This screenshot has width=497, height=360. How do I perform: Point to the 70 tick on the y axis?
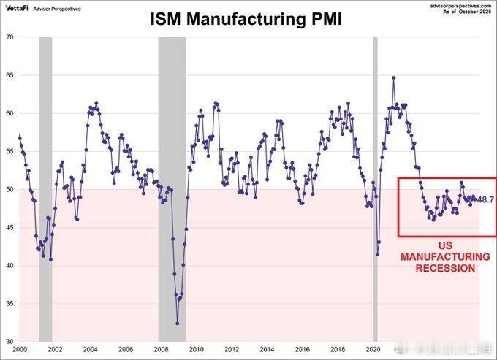point(10,37)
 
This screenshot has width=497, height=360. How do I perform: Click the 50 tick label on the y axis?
point(10,189)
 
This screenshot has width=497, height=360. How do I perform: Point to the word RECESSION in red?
point(446,268)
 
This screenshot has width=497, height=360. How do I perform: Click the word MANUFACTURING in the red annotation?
point(446,257)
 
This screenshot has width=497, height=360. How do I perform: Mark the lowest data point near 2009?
point(177,323)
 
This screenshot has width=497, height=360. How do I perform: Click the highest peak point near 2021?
point(394,77)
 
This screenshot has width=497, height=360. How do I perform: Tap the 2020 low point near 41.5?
point(377,253)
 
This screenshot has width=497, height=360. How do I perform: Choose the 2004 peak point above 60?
point(96,103)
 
